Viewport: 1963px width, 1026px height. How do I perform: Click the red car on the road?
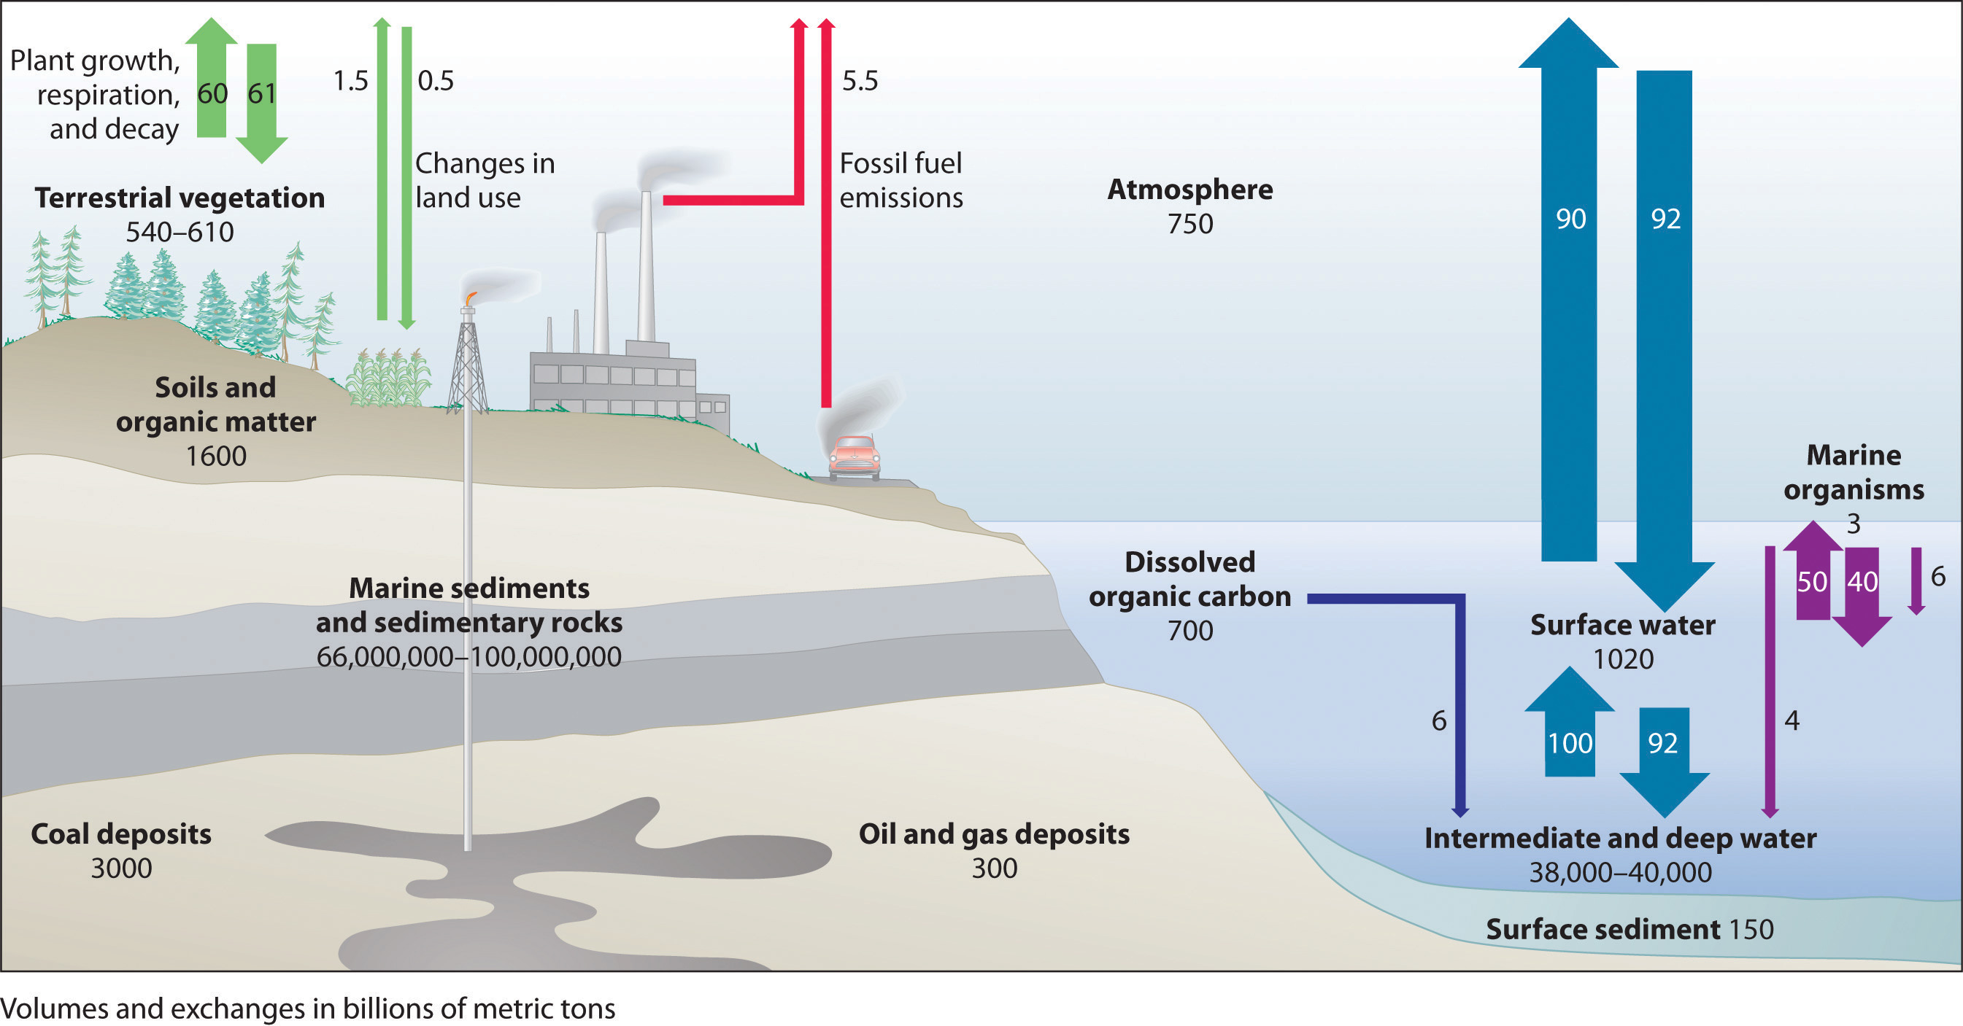click(x=855, y=458)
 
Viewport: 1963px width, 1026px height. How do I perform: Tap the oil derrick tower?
click(x=467, y=365)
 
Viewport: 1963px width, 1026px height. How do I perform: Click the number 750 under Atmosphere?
click(x=1189, y=224)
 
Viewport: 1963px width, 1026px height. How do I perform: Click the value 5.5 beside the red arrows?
click(x=860, y=81)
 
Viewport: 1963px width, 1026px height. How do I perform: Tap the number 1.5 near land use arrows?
click(x=350, y=81)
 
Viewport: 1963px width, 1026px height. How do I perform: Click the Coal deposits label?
click(x=121, y=834)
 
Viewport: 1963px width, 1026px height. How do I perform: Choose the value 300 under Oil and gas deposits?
click(x=994, y=868)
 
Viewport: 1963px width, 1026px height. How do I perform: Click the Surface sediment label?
click(x=1603, y=929)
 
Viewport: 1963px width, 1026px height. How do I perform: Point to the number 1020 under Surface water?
click(x=1623, y=659)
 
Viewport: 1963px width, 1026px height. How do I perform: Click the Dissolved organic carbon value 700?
click(x=1189, y=631)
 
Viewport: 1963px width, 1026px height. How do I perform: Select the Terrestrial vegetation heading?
click(x=180, y=198)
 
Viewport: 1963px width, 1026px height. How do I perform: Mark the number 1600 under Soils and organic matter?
click(x=216, y=456)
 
